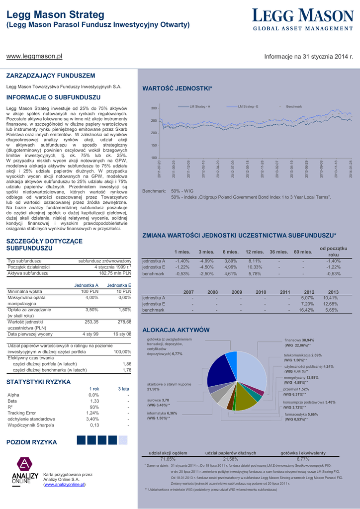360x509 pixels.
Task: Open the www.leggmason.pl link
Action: (34, 56)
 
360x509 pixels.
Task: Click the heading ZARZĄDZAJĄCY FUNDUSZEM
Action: (50, 76)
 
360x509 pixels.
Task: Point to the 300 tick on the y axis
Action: (154, 108)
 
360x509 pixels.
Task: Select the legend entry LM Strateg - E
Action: (248, 107)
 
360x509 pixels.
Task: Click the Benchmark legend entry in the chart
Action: (294, 107)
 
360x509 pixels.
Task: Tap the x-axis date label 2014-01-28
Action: (351, 169)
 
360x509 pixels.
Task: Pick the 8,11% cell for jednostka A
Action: (255, 261)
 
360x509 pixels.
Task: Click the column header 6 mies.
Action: (231, 252)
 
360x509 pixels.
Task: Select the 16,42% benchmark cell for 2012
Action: (306, 310)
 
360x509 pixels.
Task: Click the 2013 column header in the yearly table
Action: (333, 292)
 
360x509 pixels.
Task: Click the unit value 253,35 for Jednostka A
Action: (91, 322)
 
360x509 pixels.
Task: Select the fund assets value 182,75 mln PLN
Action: (115, 273)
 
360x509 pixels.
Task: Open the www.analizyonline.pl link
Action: (65, 484)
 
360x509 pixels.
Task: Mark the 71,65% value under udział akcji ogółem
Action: (168, 459)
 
